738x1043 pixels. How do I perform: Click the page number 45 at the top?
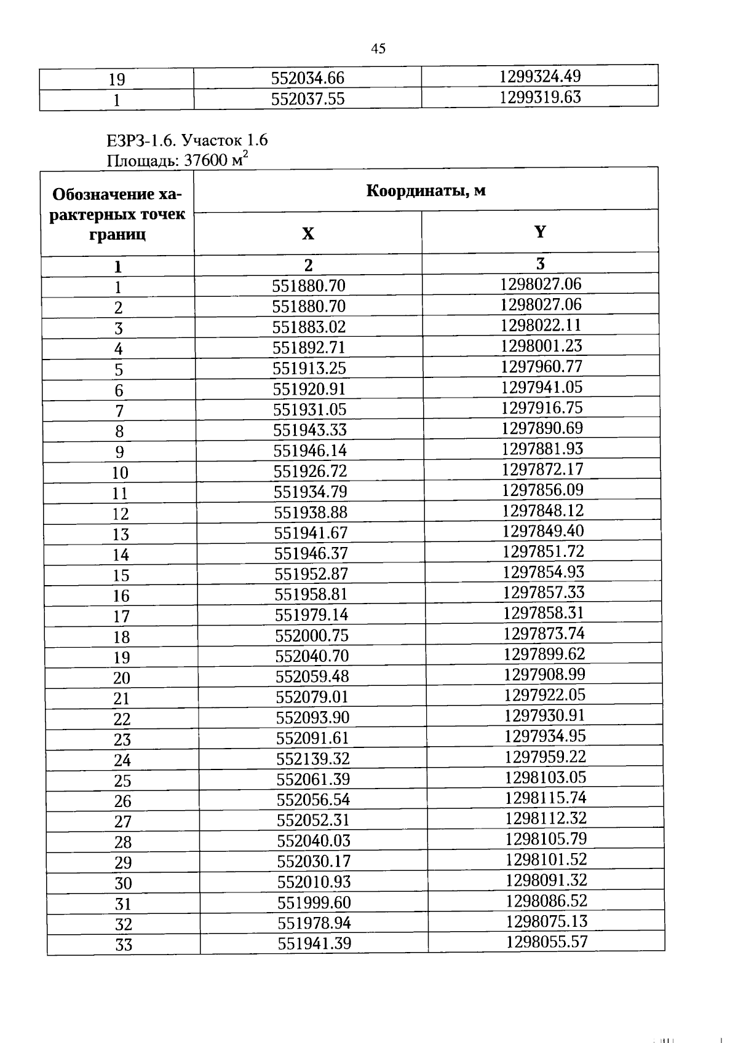click(378, 49)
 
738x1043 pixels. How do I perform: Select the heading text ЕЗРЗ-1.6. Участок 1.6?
click(187, 140)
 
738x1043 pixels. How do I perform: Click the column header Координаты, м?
click(426, 191)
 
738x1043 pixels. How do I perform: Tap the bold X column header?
click(307, 234)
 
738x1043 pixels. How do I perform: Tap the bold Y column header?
click(539, 232)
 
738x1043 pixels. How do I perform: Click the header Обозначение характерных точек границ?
click(117, 214)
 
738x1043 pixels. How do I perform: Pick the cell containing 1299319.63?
click(539, 97)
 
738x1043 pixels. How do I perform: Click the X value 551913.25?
click(309, 368)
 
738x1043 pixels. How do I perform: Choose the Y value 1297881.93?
click(542, 449)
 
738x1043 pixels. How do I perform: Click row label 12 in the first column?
click(121, 514)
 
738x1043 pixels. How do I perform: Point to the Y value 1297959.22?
click(545, 757)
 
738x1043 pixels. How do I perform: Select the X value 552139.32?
click(313, 758)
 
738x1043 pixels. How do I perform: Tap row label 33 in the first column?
click(124, 945)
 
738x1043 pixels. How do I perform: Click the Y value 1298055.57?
click(547, 942)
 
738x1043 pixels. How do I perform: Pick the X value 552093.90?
click(312, 717)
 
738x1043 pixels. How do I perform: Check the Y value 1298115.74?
click(546, 798)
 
